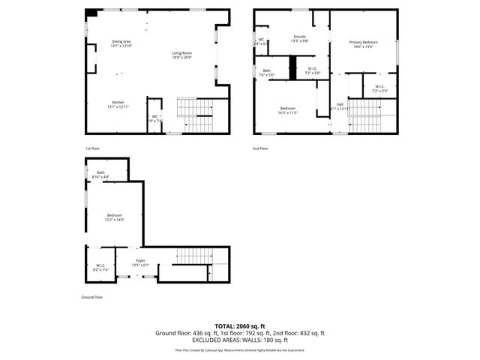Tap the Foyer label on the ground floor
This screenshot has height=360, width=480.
point(140,262)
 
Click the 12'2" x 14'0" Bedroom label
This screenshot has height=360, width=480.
point(114,217)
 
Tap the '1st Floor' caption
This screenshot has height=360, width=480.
point(91,148)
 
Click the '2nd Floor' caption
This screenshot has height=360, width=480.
point(260,148)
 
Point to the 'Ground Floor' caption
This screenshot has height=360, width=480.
point(91,298)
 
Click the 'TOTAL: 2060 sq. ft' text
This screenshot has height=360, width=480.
point(240,326)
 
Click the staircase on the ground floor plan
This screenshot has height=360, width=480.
point(193,259)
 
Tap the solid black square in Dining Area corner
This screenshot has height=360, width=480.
point(91,13)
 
